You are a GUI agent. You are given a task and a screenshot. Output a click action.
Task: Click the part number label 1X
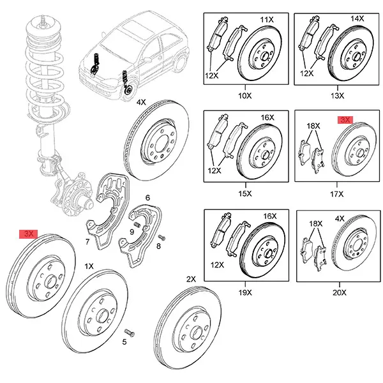coord(89,265)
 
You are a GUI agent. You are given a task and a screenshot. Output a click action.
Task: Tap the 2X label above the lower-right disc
coord(191,280)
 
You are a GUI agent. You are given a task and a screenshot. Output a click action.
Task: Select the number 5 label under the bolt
coord(125,343)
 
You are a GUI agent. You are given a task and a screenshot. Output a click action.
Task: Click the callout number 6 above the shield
coord(147,198)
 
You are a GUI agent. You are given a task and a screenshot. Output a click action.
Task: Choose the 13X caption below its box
coord(337,96)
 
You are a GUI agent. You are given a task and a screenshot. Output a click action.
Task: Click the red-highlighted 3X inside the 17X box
coord(345,119)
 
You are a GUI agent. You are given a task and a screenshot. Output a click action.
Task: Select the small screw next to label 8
coord(160,237)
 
